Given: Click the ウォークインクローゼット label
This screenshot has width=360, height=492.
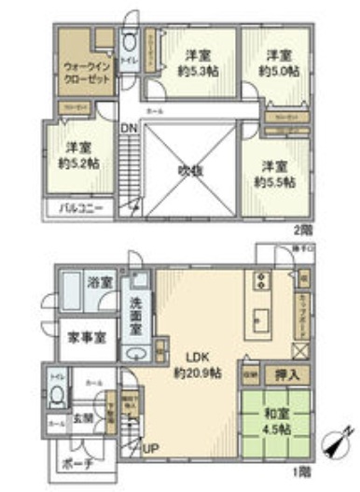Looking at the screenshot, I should click(88, 73).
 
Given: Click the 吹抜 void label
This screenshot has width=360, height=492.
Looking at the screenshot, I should click(192, 170).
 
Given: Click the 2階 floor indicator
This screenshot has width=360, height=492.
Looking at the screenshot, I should click(302, 228).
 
